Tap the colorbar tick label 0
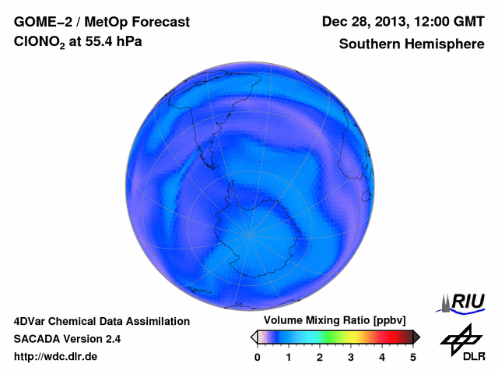click(x=258, y=357)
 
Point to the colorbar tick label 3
click(x=351, y=357)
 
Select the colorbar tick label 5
click(x=413, y=357)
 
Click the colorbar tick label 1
click(x=289, y=357)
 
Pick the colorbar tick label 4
click(x=382, y=357)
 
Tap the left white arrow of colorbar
click(x=254, y=337)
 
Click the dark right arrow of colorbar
click(x=416, y=337)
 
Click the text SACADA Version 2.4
click(x=67, y=339)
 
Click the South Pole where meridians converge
click(x=250, y=234)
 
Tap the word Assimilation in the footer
click(x=156, y=321)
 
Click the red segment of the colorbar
click(x=382, y=337)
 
